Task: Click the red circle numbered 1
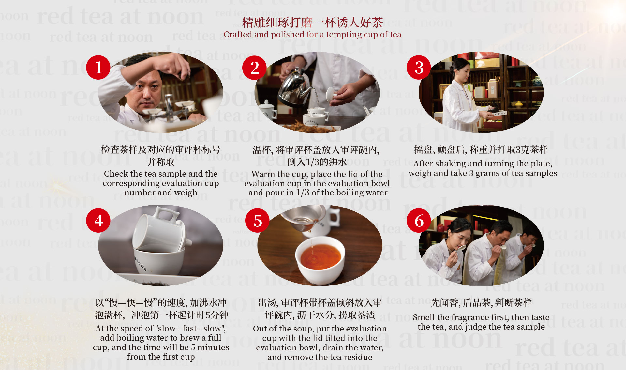point(98,68)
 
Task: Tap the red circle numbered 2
point(255,68)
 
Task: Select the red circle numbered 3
point(419,68)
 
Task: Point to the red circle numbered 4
point(98,221)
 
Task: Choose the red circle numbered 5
point(258,221)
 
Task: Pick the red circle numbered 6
point(419,221)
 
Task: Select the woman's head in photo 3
point(460,69)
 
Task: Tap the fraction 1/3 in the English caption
point(303,192)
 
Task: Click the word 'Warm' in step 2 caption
point(263,174)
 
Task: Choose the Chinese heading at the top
point(312,22)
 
